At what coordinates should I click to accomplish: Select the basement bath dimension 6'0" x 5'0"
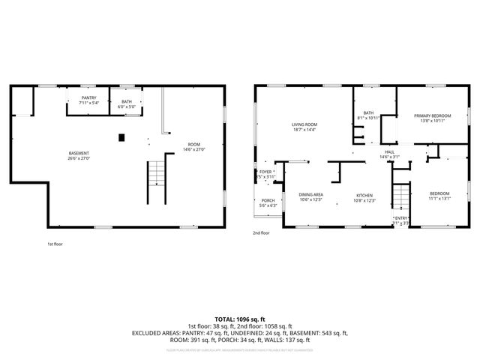pos(126,106)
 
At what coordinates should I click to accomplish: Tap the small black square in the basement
pos(121,136)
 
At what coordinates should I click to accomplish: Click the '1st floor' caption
pos(54,244)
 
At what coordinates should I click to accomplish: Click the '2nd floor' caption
pos(261,232)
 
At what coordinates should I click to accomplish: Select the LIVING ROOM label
pos(304,124)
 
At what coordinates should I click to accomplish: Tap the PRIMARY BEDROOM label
pos(430,115)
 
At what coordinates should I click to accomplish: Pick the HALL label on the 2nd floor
pos(389,152)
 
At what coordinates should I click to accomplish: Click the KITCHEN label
pos(364,196)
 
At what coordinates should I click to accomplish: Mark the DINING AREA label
pos(310,193)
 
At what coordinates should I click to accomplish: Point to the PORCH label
pos(268,200)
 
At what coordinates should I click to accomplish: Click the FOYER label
pos(265,172)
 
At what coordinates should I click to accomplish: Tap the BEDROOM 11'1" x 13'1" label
pos(439,193)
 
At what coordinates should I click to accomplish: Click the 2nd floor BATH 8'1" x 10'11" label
pos(369,113)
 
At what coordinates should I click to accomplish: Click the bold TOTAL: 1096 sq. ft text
pos(239,319)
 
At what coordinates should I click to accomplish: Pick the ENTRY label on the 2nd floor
pos(400,219)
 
